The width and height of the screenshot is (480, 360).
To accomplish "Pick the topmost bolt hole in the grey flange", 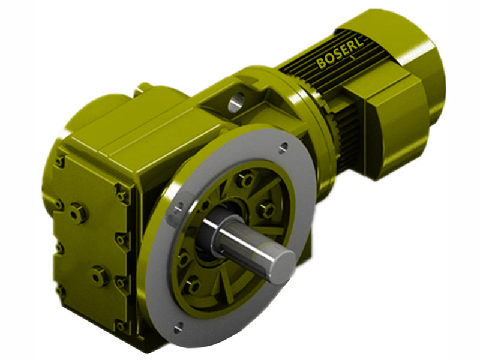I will point(283,145).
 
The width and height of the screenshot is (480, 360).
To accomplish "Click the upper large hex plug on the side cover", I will point(77,212).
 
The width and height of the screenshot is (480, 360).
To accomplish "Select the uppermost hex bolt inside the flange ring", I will point(245,179).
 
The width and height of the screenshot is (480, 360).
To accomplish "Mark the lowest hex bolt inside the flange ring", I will point(191,284).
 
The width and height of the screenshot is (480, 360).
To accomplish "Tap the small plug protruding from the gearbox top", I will point(142,89).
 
